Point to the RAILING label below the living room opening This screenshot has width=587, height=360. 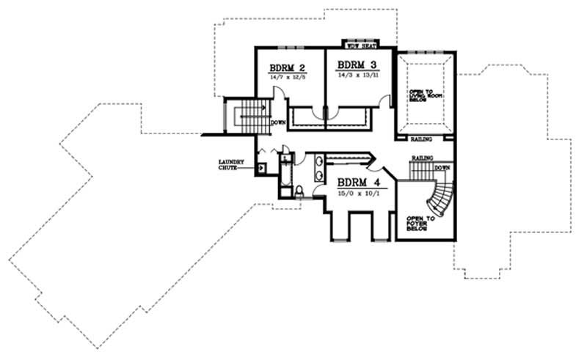(422, 139)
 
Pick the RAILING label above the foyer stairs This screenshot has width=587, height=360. (421, 158)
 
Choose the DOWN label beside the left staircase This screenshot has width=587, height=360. (277, 122)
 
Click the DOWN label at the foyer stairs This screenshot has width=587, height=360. (442, 167)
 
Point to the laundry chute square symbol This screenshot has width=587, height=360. (260, 167)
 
